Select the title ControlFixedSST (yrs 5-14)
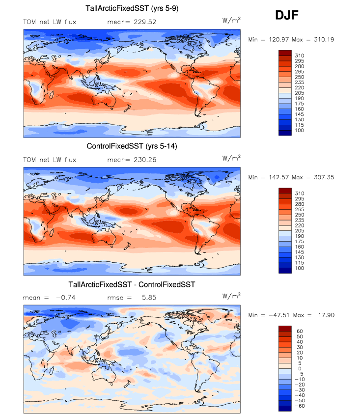click(x=132, y=146)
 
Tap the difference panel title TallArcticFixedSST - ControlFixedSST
click(x=132, y=284)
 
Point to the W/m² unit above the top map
click(x=231, y=20)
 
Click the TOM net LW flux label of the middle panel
click(x=50, y=160)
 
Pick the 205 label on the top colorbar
click(x=299, y=92)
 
